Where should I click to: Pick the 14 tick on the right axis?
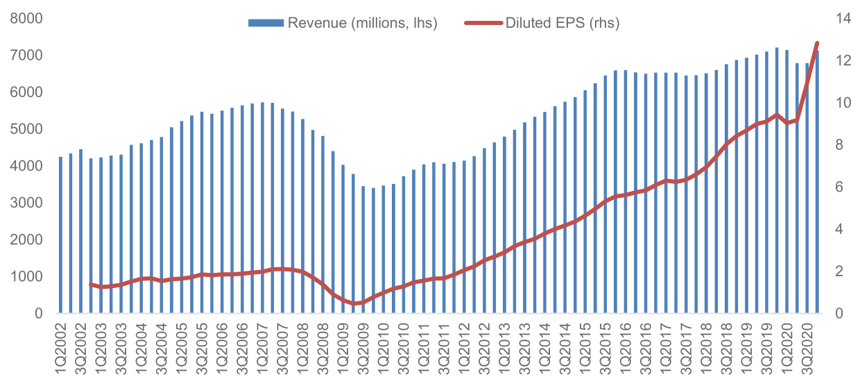tap(843, 19)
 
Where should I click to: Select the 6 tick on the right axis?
tap(840, 187)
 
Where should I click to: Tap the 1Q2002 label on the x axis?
tap(61, 351)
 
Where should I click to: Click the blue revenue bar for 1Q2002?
tap(61, 235)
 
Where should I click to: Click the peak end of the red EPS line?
tap(817, 43)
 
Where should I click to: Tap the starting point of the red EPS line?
tap(91, 284)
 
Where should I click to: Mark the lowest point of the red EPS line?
tap(354, 303)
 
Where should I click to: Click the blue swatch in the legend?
tap(266, 23)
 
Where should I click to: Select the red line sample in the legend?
tap(484, 23)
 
